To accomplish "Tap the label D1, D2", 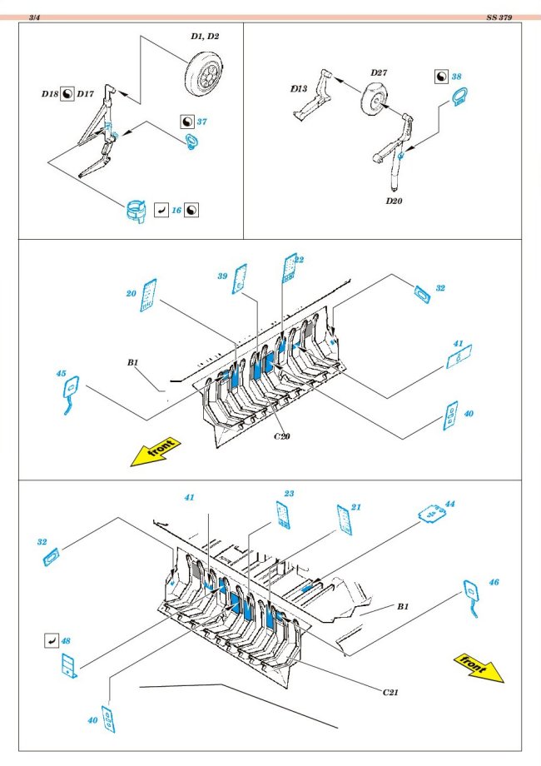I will tap(205, 37).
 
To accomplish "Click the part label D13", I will tap(299, 87).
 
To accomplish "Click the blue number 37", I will tap(201, 122).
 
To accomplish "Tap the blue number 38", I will tap(456, 76).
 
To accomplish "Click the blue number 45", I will tap(61, 374).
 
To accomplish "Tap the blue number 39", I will tap(222, 276).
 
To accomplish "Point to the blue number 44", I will tap(450, 504).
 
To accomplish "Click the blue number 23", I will tap(289, 494).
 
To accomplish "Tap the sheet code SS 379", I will tap(499, 17).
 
